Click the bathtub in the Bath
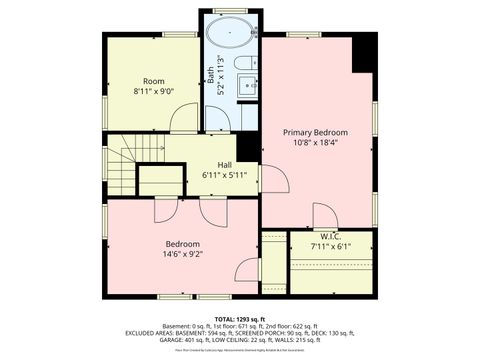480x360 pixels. (x=232, y=32)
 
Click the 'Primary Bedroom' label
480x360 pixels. (x=315, y=132)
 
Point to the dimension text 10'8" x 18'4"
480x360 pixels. (x=315, y=144)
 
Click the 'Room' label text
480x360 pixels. (x=153, y=81)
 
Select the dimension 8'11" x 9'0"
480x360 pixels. (x=153, y=92)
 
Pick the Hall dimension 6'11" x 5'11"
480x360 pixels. (x=225, y=175)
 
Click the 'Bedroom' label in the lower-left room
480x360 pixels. (x=183, y=243)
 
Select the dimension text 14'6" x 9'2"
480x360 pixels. (x=183, y=255)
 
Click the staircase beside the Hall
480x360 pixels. (x=125, y=165)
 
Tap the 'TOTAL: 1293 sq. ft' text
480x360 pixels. (x=240, y=317)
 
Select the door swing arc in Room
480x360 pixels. (x=185, y=118)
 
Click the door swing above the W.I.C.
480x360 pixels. (x=325, y=215)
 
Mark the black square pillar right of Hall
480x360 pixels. (x=248, y=147)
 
